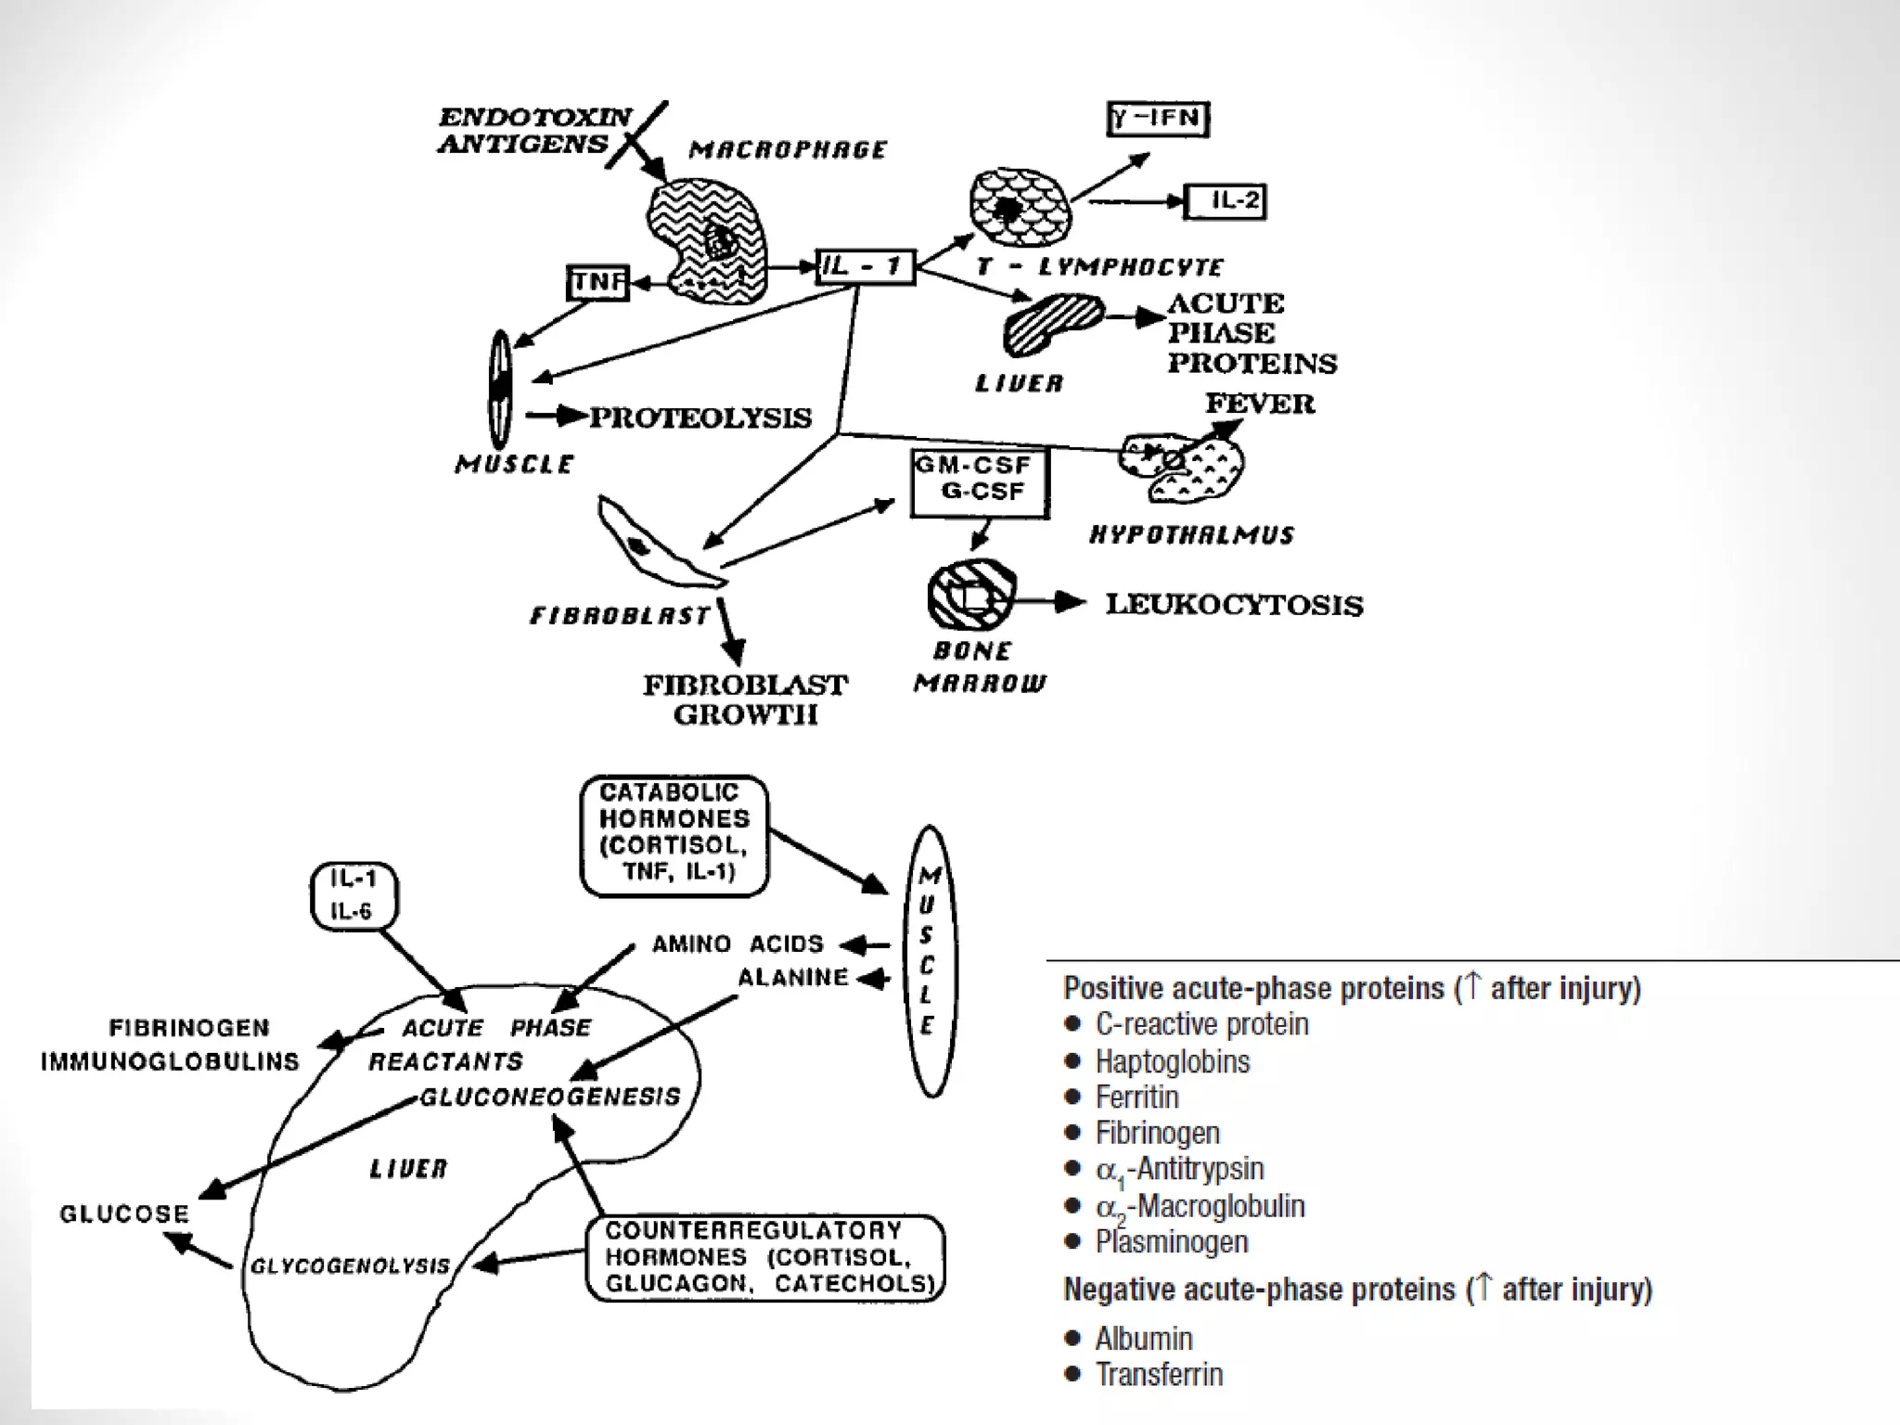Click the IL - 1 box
(865, 267)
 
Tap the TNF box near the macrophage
(598, 282)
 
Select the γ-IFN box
(1158, 119)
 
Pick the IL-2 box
(1226, 201)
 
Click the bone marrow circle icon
(971, 595)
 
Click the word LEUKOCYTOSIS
(1234, 605)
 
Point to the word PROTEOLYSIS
(700, 417)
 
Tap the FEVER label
(1259, 404)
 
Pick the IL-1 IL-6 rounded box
(353, 895)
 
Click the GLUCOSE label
(124, 1213)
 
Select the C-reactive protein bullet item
(1201, 1024)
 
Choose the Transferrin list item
(1159, 1374)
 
